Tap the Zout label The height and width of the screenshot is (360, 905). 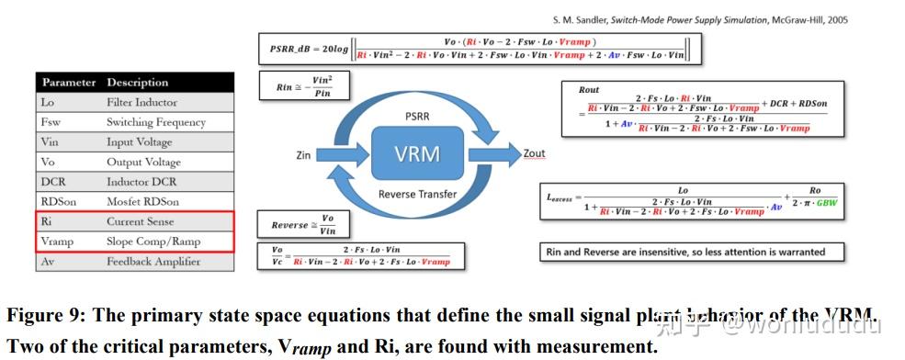click(x=534, y=153)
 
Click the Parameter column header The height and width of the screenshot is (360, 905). click(x=69, y=83)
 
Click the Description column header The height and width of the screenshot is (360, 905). click(x=138, y=83)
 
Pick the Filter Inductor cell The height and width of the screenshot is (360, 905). click(x=141, y=102)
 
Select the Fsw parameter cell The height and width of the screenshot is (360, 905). click(x=52, y=122)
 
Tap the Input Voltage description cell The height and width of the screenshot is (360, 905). click(x=140, y=142)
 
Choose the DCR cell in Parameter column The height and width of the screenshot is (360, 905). click(x=54, y=182)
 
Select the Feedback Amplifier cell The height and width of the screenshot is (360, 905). click(x=152, y=262)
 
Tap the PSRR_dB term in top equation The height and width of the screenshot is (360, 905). click(x=291, y=49)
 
